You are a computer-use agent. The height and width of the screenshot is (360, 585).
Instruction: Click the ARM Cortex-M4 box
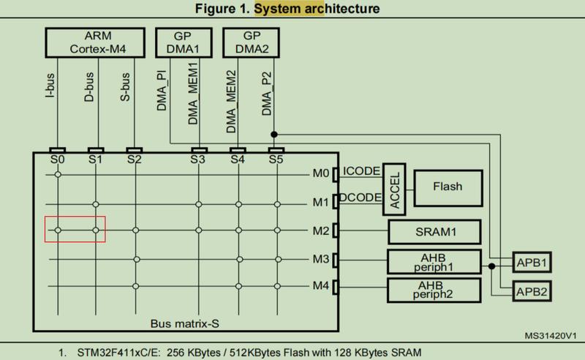pos(95,42)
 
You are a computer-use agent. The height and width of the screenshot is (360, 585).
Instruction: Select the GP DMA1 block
pos(184,42)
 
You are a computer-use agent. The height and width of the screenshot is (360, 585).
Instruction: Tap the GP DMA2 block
pos(251,42)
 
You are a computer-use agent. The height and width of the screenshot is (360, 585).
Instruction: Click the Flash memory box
pos(448,188)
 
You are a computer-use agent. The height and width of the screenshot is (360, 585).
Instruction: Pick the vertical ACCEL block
pos(394,190)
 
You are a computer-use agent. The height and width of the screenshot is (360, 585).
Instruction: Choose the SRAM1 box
pos(434,232)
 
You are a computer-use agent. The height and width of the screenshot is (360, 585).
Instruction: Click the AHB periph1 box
pos(434,262)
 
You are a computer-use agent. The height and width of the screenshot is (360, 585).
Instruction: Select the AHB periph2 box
pos(434,290)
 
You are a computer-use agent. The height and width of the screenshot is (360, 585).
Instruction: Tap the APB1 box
pos(532,263)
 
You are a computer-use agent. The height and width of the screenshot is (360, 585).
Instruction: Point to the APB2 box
pos(532,291)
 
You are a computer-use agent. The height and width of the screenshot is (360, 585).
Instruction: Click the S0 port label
pos(58,160)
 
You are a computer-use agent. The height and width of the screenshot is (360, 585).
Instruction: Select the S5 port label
pos(276,160)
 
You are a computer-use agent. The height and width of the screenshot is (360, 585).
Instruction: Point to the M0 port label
pos(321,173)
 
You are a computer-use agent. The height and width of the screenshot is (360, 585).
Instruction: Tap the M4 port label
pos(321,285)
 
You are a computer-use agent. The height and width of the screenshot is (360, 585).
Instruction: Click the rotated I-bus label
pos(50,86)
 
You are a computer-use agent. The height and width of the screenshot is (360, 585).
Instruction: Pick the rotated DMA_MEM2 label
pos(231,102)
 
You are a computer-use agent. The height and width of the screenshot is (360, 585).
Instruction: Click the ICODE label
pos(361,171)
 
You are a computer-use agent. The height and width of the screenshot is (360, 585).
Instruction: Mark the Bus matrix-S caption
pos(185,323)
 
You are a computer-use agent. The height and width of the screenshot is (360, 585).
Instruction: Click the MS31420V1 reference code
pos(551,336)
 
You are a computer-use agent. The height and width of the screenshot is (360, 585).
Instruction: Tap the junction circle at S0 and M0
pos(58,174)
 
